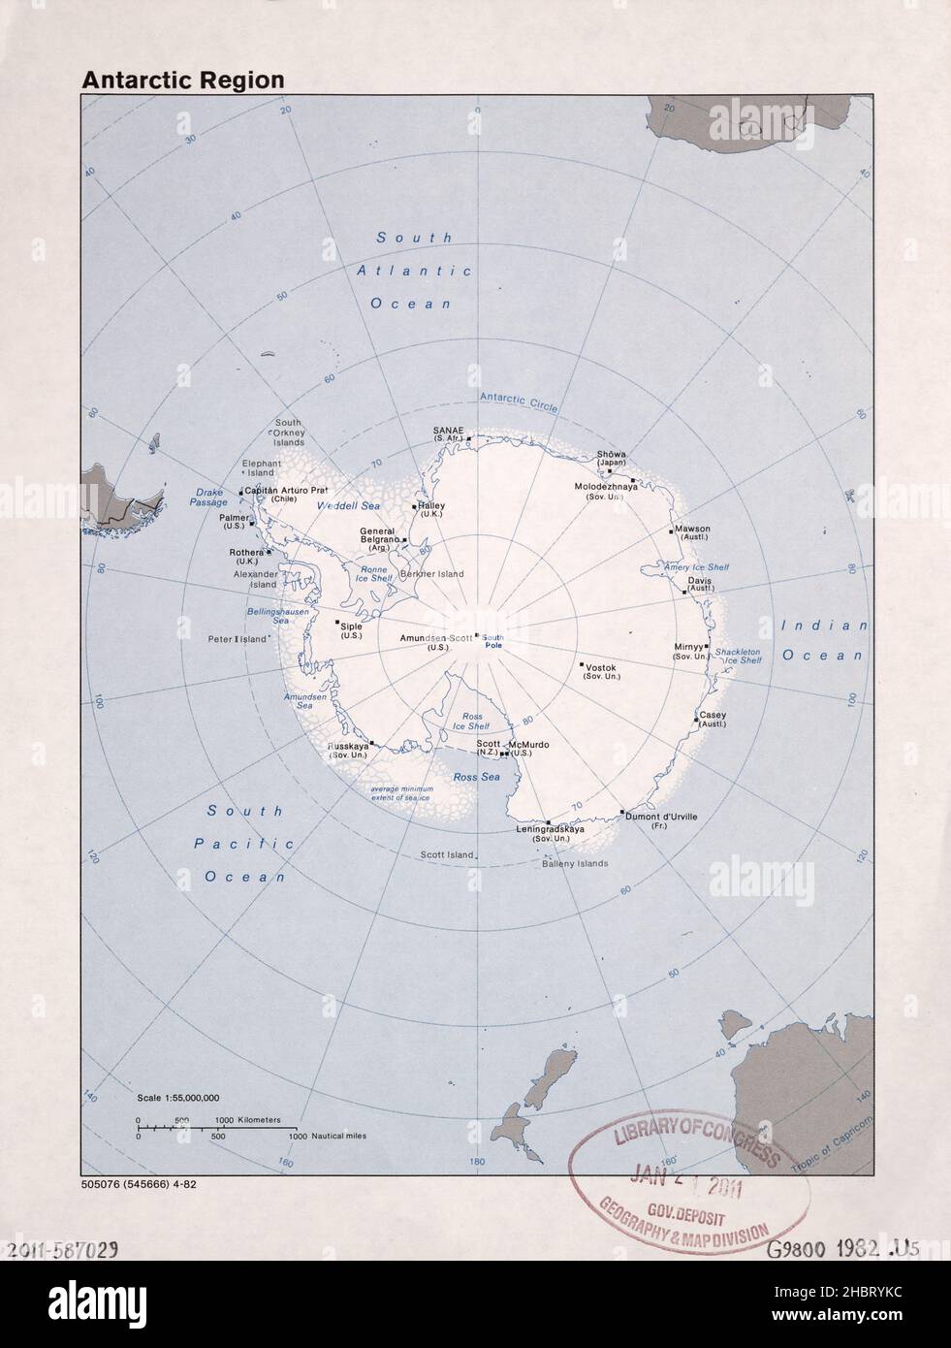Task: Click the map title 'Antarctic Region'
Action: pyautogui.click(x=183, y=80)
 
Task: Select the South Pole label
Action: pyautogui.click(x=493, y=639)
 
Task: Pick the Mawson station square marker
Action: pyautogui.click(x=670, y=531)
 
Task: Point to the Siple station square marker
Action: pyautogui.click(x=337, y=623)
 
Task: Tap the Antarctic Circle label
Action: pyautogui.click(x=519, y=403)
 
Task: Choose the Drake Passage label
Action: pyautogui.click(x=208, y=497)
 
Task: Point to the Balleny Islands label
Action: pyautogui.click(x=574, y=863)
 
